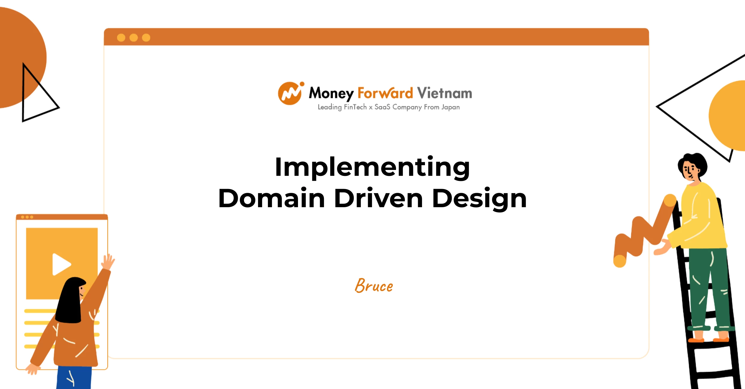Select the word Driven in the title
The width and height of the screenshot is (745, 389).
tap(378, 198)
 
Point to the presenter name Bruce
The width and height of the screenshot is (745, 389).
tap(374, 285)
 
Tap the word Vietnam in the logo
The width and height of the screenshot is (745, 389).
tap(444, 93)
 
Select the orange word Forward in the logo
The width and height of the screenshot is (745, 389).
tap(385, 93)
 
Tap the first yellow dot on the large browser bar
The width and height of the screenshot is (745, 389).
tap(121, 38)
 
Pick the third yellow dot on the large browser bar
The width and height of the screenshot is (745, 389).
tap(146, 38)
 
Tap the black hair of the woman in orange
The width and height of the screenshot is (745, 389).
tap(70, 301)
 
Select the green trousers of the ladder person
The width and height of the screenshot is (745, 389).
tap(709, 289)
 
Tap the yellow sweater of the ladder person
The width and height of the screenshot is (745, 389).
tap(700, 217)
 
